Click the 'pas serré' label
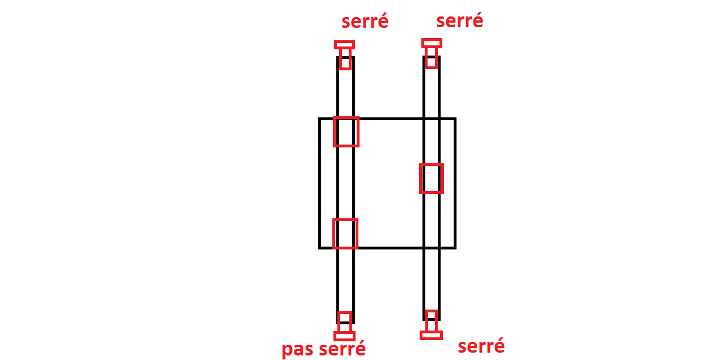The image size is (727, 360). pos(324,349)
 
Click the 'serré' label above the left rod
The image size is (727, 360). pos(365,22)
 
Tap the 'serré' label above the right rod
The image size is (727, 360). pos(459,21)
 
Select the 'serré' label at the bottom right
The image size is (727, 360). pos(481,345)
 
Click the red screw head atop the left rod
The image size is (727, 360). pos(344,45)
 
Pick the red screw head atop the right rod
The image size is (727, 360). pos(432,43)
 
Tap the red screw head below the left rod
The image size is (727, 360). pos(344,336)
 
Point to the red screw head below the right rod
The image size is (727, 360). pos(431,335)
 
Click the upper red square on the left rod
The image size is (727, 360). pos(346,132)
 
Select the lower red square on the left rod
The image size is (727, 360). pos(345,234)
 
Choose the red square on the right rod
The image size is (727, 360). pos(432,179)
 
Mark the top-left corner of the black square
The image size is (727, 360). pos(320,119)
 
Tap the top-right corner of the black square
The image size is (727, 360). pos(455,119)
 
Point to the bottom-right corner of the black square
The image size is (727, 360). pos(455,247)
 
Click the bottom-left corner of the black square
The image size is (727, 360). pos(320,247)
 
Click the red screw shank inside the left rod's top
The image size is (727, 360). pos(345,59)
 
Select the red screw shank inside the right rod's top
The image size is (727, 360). pos(431,58)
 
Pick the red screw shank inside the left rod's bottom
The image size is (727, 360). pos(344,321)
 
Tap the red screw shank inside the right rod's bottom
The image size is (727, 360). pos(432,320)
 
